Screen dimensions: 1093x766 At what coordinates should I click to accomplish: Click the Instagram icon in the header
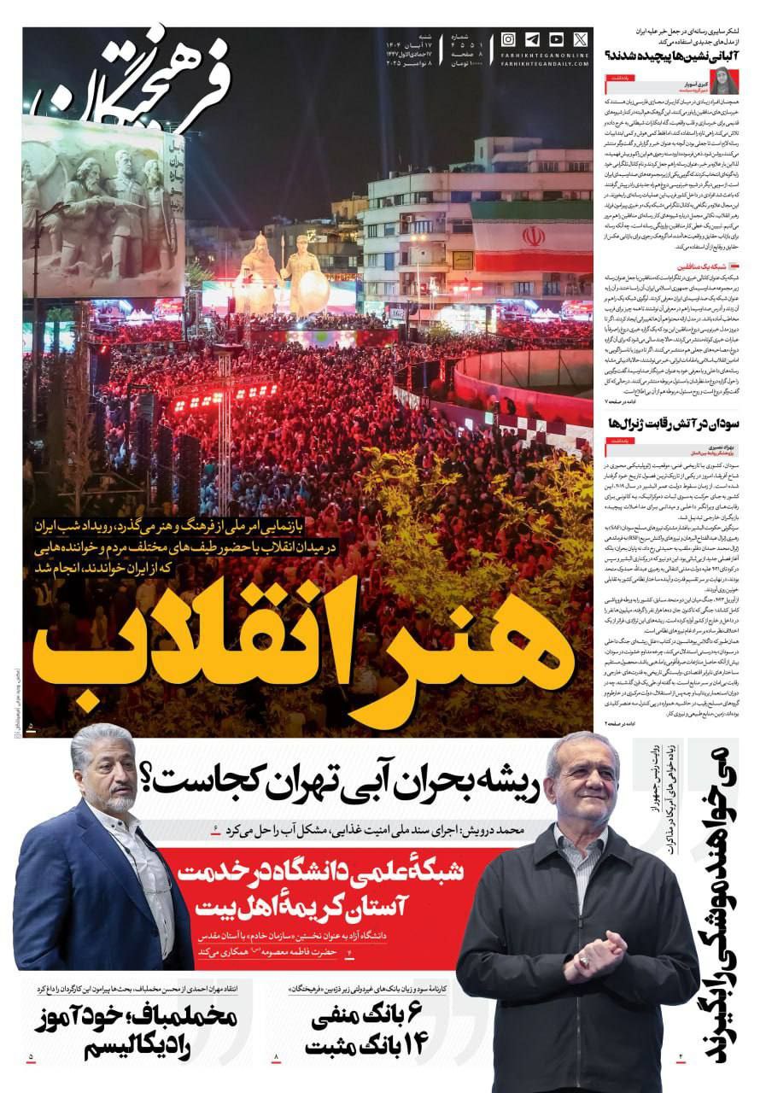pyautogui.click(x=508, y=39)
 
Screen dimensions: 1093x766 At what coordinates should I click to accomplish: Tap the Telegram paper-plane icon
pyautogui.click(x=532, y=39)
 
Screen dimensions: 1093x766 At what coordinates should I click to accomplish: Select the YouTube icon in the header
pyautogui.click(x=556, y=39)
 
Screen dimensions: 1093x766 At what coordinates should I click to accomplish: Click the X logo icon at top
pyautogui.click(x=581, y=39)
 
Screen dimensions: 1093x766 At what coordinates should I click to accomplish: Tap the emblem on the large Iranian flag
pyautogui.click(x=534, y=237)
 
